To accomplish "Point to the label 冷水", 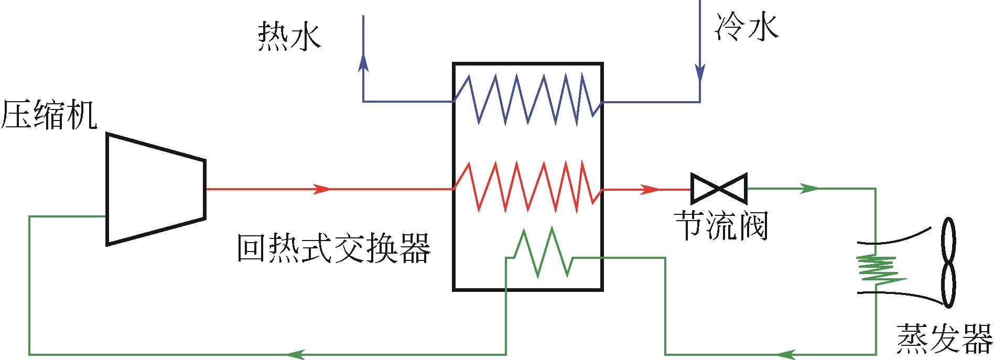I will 746,27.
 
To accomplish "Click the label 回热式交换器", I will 334,248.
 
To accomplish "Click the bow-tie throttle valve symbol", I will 719,188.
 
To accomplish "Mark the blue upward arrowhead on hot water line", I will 363,63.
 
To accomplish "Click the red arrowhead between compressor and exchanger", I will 322,189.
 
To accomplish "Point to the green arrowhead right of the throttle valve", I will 809,188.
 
